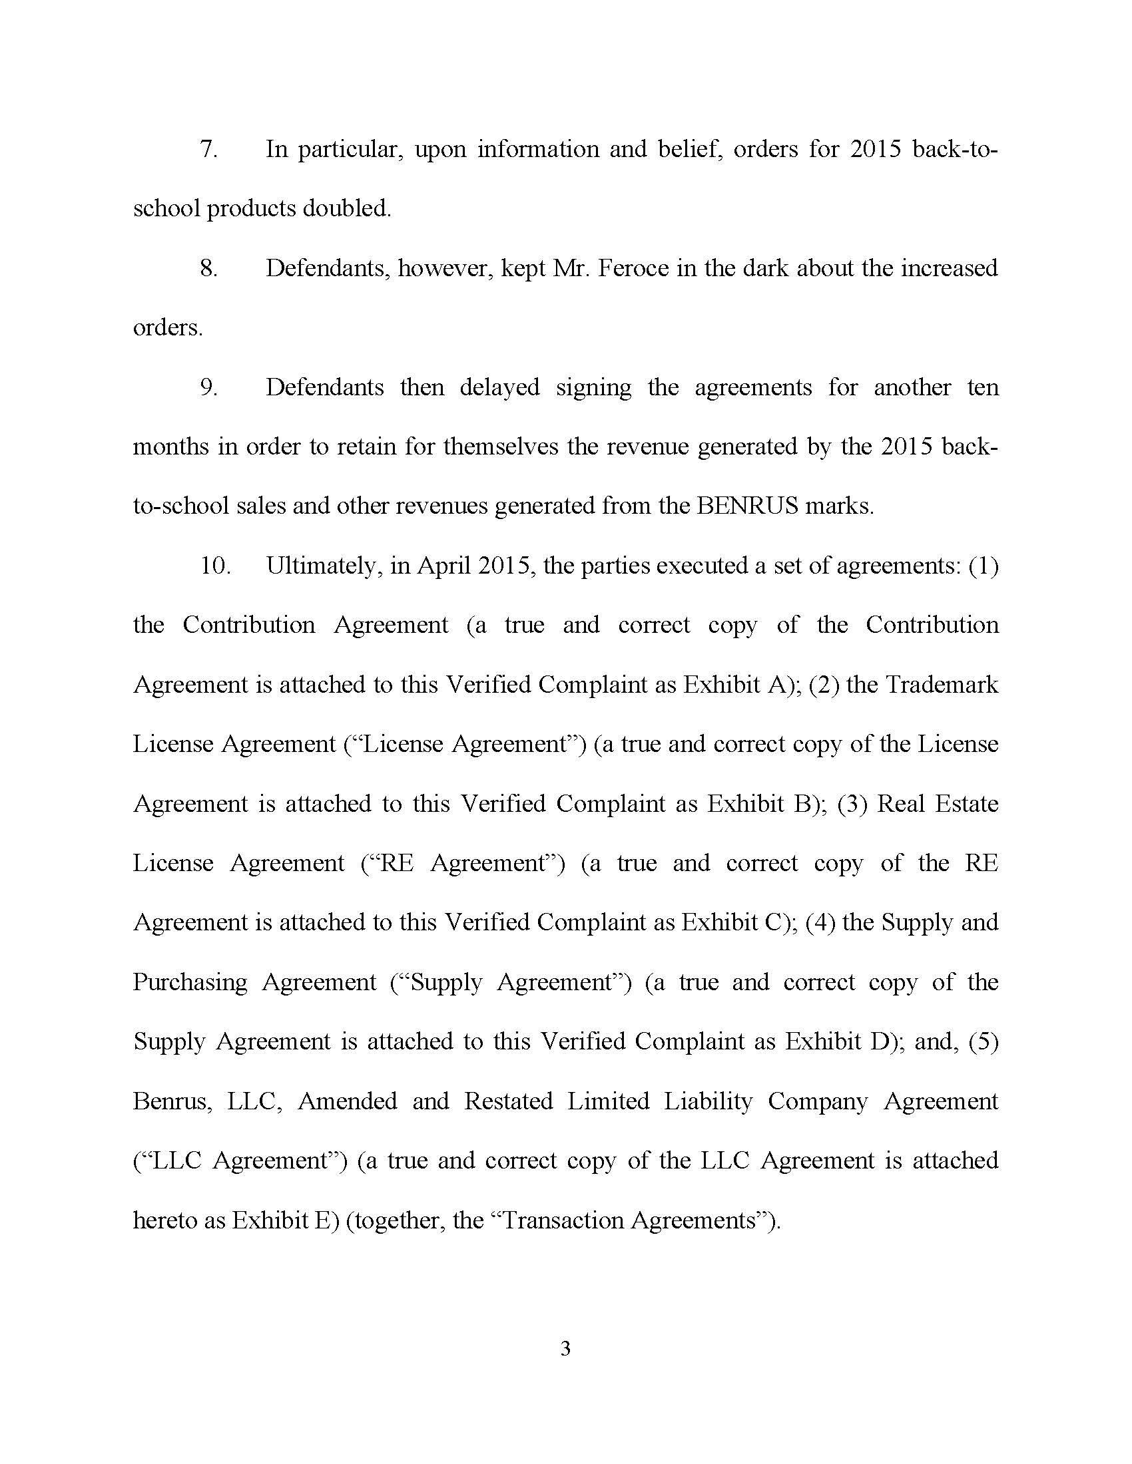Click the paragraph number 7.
tap(208, 149)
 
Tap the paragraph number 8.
tap(208, 268)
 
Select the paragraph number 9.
tap(208, 387)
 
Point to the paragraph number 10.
tap(215, 566)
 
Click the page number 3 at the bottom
tap(565, 1348)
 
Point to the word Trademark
tap(942, 684)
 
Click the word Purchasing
tap(190, 983)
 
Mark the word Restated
tap(508, 1101)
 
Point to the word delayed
tap(499, 387)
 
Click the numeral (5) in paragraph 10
tap(984, 1041)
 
